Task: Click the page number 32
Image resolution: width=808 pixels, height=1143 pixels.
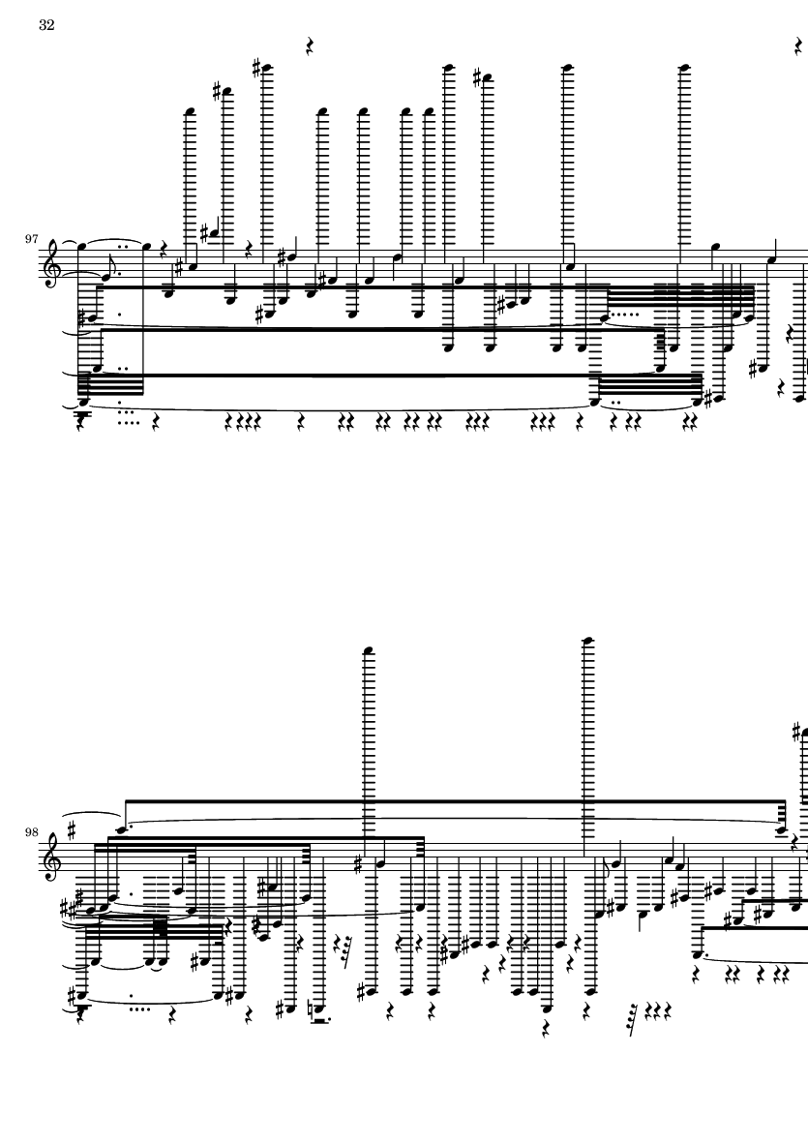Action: pyautogui.click(x=46, y=25)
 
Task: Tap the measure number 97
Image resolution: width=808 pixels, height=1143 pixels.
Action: pyautogui.click(x=31, y=239)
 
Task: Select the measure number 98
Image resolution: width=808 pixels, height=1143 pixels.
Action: pyautogui.click(x=31, y=832)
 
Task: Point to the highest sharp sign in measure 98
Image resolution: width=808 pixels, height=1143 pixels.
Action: pyautogui.click(x=797, y=731)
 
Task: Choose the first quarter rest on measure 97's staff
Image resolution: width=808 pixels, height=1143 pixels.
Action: pyautogui.click(x=163, y=250)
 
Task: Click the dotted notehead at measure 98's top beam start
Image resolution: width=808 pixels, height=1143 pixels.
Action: pyautogui.click(x=124, y=829)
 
